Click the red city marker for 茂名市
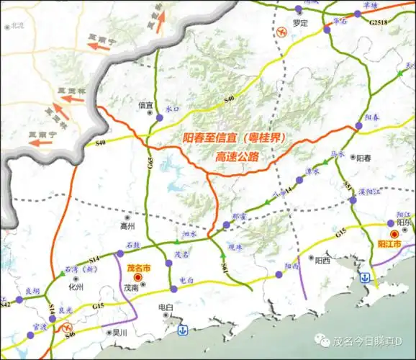137,276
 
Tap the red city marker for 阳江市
394,234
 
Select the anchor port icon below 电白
182,330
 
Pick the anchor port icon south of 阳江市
366,277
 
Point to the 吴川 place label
119,333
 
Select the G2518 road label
378,23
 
